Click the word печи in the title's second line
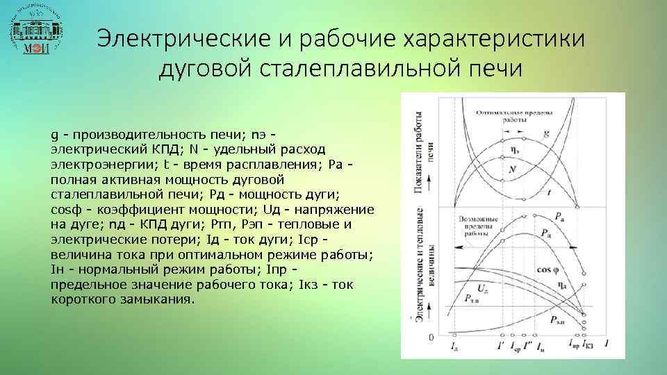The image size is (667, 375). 491,69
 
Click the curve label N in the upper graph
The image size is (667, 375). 512,169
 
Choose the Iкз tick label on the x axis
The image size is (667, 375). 588,345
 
